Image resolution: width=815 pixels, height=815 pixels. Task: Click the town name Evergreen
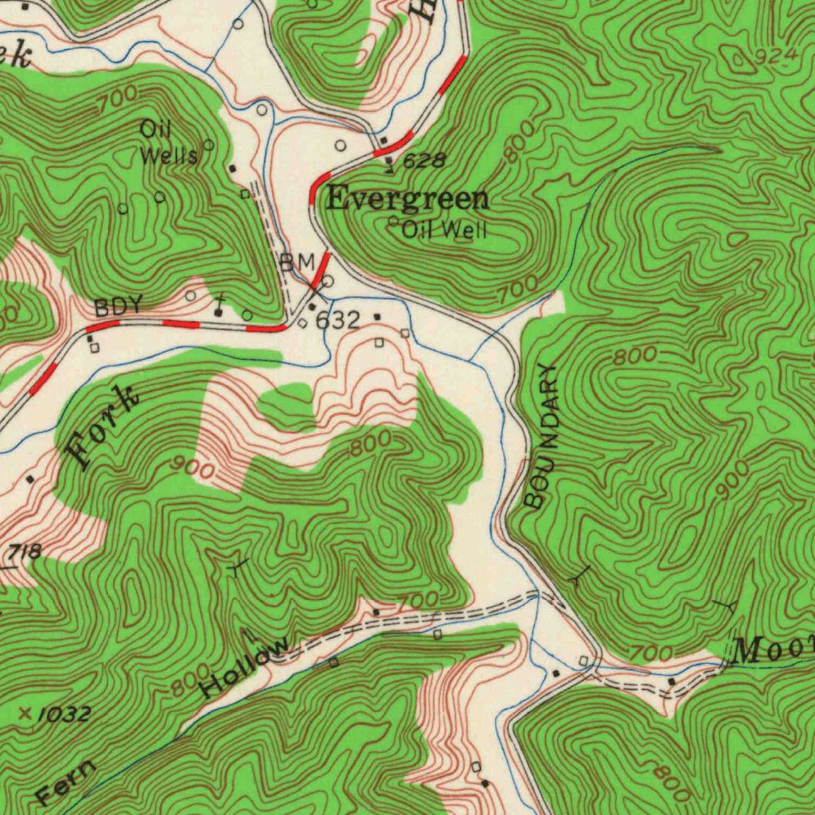click(407, 199)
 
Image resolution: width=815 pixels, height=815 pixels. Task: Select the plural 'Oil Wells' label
click(168, 142)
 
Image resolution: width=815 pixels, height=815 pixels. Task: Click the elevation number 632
click(338, 321)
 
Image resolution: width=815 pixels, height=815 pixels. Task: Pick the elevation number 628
click(423, 162)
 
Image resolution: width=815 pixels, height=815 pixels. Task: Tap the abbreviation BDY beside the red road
click(118, 306)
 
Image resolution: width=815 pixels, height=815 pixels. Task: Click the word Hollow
click(244, 667)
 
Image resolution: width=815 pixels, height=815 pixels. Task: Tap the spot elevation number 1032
click(63, 714)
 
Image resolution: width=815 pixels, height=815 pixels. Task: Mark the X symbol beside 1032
click(25, 713)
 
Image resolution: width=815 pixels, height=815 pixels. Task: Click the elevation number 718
click(24, 552)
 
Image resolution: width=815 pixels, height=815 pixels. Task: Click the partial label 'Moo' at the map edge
click(772, 651)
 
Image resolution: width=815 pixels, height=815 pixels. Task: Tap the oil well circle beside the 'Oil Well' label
click(393, 221)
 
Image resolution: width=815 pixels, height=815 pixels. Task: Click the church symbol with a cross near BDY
click(218, 311)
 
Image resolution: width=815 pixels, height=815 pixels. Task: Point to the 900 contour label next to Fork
click(193, 470)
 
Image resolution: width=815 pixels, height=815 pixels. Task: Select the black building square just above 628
click(384, 141)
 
